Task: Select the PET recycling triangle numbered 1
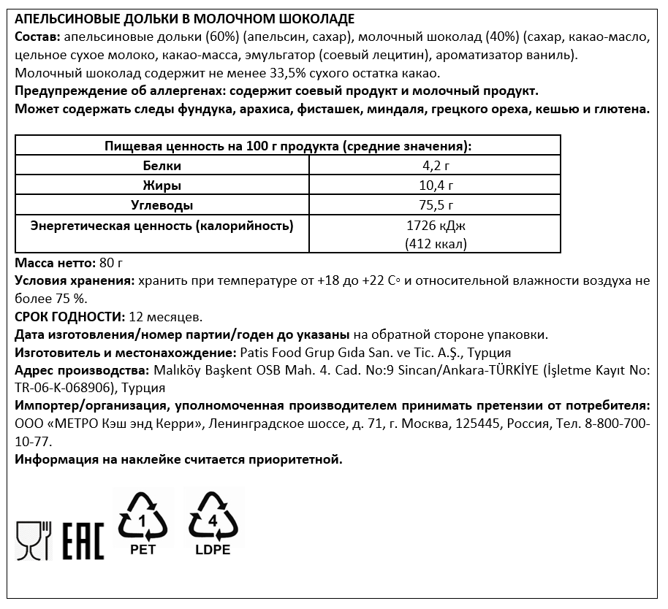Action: (143, 519)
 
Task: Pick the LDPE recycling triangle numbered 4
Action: (213, 519)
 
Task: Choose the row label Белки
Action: (162, 166)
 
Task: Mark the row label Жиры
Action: (162, 185)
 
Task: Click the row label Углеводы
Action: (162, 206)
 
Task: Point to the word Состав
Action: (37, 37)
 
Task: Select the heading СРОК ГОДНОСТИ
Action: (69, 317)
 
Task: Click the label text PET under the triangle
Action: (143, 550)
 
